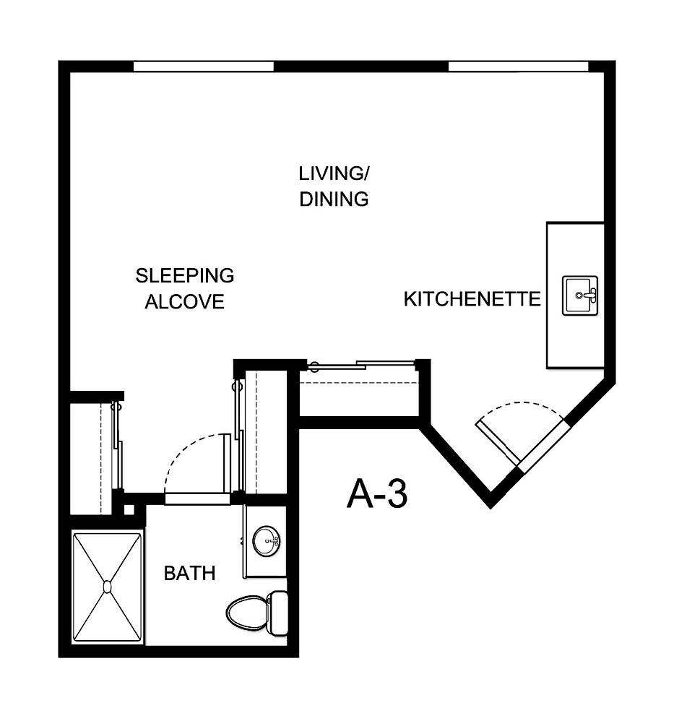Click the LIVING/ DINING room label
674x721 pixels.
(x=334, y=186)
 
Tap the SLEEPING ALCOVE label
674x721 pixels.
(x=185, y=288)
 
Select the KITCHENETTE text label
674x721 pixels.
(x=472, y=298)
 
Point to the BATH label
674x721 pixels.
(x=189, y=574)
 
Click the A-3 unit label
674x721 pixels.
(x=377, y=493)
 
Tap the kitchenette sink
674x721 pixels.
(x=580, y=295)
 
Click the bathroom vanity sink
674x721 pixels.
(x=265, y=540)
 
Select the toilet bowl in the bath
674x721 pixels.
(x=245, y=613)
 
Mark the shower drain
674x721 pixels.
(x=107, y=587)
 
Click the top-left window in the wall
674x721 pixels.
(x=203, y=66)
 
